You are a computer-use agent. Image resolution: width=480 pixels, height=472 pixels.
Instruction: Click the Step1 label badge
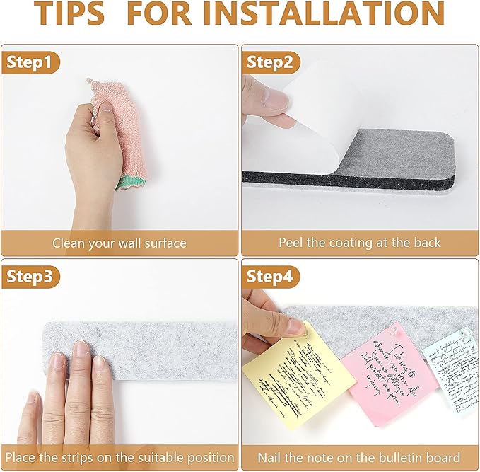click(x=29, y=62)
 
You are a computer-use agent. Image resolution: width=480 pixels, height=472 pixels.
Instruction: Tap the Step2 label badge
click(x=269, y=62)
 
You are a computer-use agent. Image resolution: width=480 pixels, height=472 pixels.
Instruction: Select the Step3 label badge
click(x=29, y=276)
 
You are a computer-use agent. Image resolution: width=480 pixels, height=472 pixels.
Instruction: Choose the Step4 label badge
click(x=269, y=276)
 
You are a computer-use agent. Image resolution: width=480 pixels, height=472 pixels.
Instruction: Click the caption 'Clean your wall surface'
click(x=119, y=243)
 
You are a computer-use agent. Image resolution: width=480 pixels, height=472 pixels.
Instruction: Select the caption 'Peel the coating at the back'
click(x=359, y=243)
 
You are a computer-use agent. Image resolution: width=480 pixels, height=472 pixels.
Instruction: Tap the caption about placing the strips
click(x=119, y=457)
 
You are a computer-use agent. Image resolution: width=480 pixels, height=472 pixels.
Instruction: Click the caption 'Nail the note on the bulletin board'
click(x=359, y=457)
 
